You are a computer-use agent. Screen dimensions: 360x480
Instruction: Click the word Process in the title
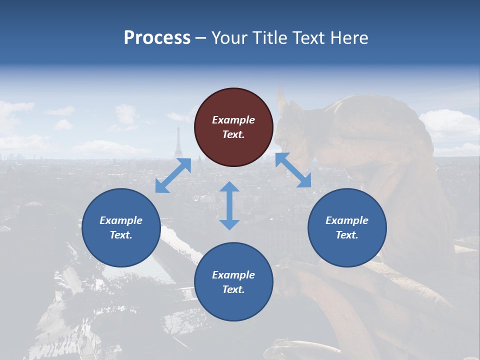click(157, 38)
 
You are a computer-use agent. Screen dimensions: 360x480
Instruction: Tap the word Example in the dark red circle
click(233, 120)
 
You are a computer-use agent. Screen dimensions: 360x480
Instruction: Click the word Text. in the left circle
click(121, 235)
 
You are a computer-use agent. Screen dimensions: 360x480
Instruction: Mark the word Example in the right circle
click(347, 220)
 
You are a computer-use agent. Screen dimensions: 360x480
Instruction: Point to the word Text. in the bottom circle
click(233, 289)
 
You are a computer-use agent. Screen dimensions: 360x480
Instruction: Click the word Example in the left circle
click(121, 220)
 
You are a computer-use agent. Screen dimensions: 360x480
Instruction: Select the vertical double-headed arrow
click(229, 205)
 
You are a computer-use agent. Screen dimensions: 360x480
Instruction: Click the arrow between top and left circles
click(173, 175)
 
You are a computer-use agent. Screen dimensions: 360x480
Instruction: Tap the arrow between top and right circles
click(293, 170)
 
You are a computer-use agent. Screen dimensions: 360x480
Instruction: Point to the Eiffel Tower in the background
click(178, 142)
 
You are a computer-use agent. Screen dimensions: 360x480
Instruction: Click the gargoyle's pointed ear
click(281, 100)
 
